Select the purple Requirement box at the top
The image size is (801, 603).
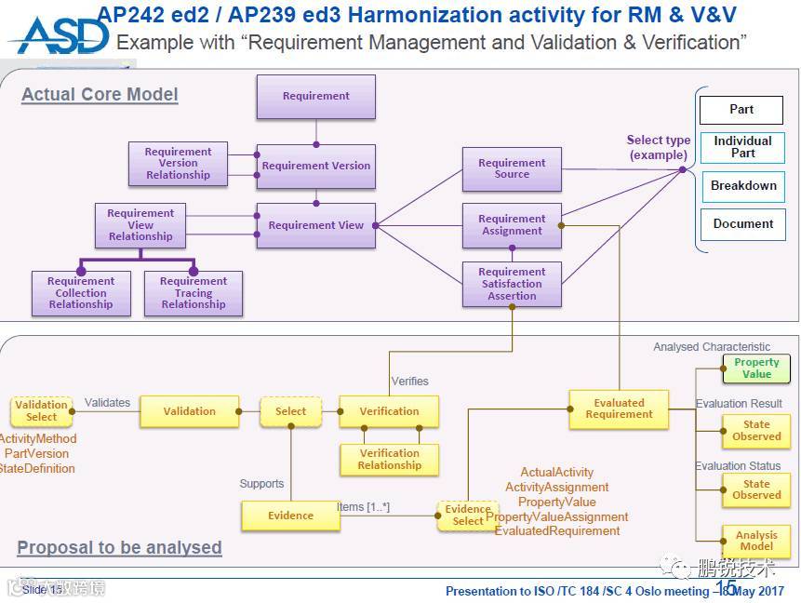point(316,97)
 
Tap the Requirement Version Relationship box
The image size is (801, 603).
point(178,164)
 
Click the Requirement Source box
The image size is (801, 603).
point(512,168)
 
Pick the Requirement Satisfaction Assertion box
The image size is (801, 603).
point(512,284)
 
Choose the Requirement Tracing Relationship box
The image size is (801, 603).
point(194,293)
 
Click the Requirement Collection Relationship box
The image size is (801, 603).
point(81,293)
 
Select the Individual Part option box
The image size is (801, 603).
point(742,147)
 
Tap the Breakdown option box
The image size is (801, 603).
point(742,186)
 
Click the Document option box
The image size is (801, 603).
point(742,224)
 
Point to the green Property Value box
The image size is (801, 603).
point(756,368)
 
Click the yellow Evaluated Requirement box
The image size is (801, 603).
point(619,409)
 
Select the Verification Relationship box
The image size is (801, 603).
point(389,460)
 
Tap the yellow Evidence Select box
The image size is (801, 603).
point(467,516)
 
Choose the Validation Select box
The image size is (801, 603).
point(41,411)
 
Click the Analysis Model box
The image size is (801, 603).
point(756,541)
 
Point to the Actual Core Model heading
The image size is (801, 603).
point(100,95)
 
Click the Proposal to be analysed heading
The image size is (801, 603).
point(119,547)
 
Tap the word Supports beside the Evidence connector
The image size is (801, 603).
point(261,484)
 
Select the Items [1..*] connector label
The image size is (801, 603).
point(363,507)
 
